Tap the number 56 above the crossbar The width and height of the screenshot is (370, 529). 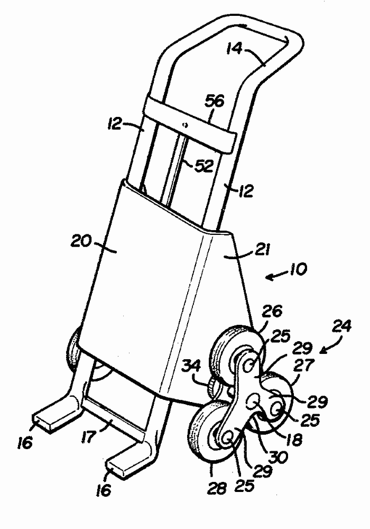pos(214,102)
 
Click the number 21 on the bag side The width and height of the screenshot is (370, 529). pos(263,250)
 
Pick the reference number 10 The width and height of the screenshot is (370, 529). pos(298,270)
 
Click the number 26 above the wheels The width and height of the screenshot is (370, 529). pos(273,311)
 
